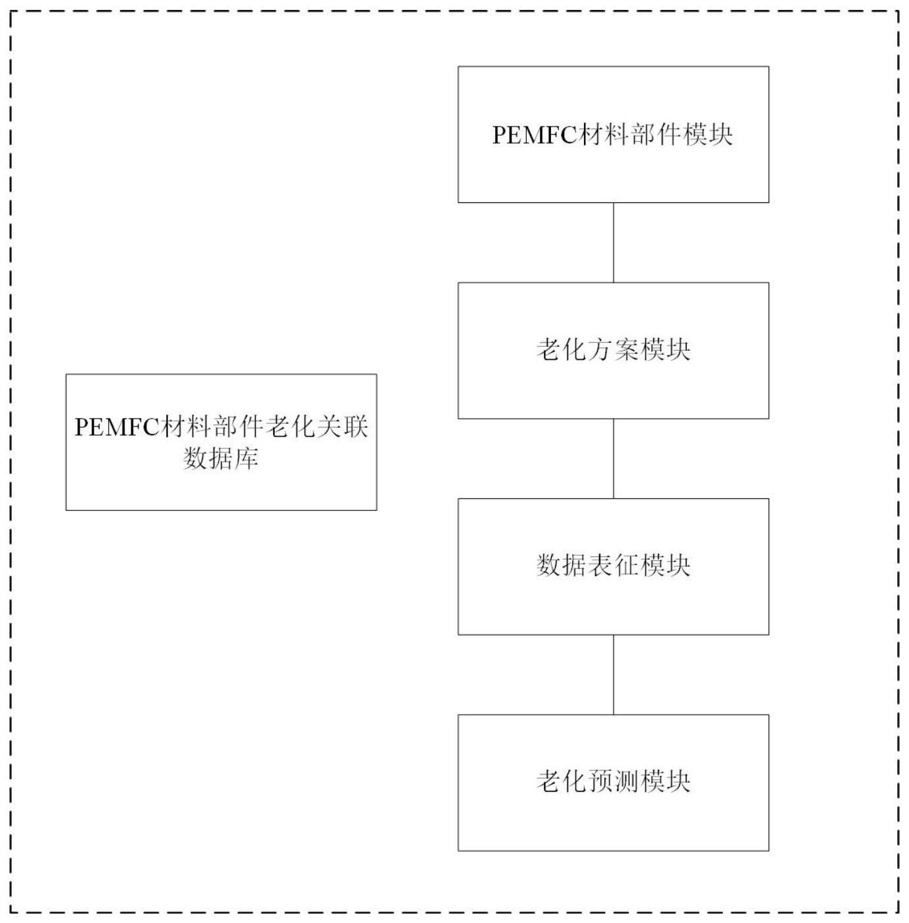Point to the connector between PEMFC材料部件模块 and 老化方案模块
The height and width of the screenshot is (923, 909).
tap(614, 243)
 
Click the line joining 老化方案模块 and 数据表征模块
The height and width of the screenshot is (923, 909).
tap(614, 459)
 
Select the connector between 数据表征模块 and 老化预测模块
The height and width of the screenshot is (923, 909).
tap(614, 675)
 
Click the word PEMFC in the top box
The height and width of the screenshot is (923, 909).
tap(535, 135)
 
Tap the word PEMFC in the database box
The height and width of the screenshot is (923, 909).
tap(117, 427)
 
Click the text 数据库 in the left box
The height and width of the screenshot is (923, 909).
tap(221, 458)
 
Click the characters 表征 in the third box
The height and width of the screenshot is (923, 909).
tap(613, 566)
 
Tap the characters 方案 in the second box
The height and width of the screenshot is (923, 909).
tap(613, 349)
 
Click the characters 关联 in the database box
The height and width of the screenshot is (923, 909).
tap(342, 427)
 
